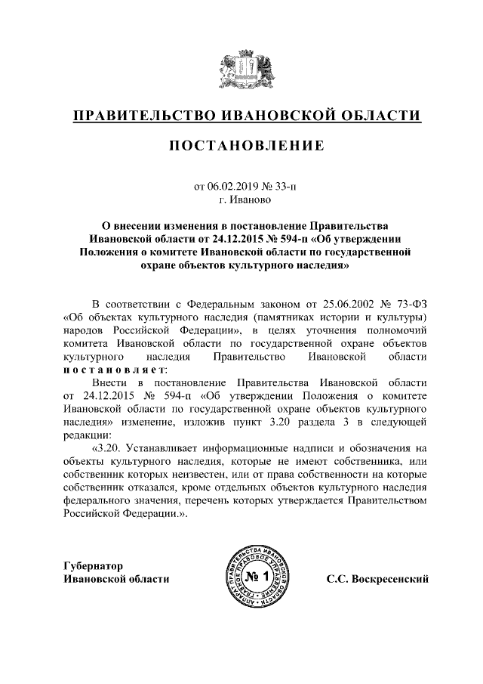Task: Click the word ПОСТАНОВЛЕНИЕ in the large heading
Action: [241, 145]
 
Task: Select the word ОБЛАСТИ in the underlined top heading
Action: [378, 116]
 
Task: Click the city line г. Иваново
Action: [241, 200]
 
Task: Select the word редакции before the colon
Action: [87, 437]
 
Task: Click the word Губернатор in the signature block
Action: [93, 565]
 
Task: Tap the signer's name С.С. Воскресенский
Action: [377, 579]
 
